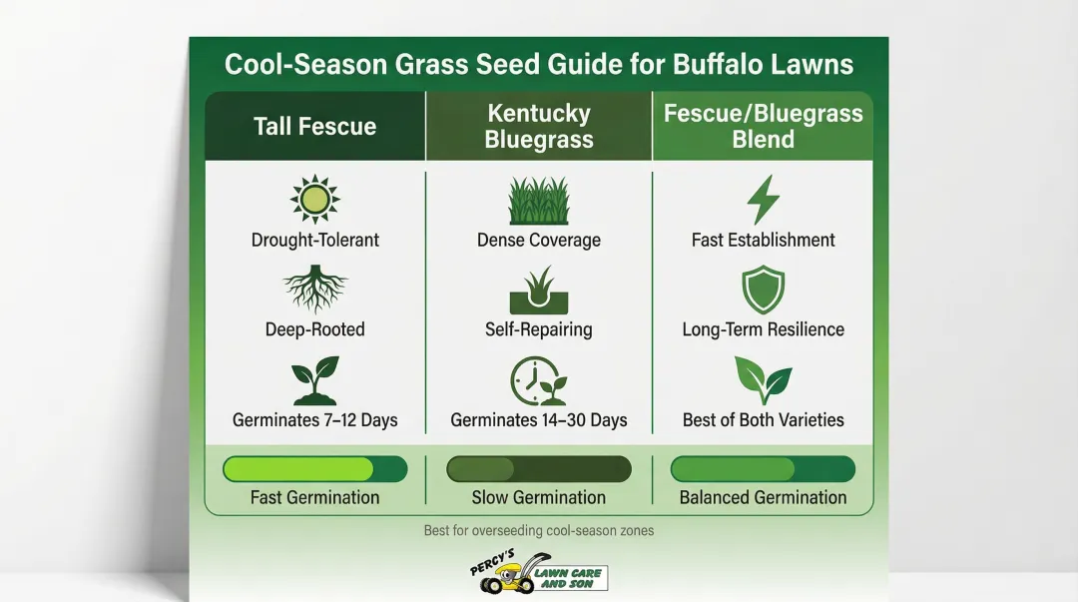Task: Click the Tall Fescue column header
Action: (x=314, y=127)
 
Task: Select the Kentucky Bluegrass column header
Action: (x=539, y=127)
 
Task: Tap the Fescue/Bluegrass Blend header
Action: (x=764, y=127)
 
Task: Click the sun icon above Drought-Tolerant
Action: (x=314, y=199)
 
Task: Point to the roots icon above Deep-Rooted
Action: (x=314, y=290)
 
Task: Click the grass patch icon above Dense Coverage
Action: (x=539, y=201)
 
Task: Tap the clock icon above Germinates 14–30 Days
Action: (x=537, y=381)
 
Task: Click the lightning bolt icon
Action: (x=764, y=200)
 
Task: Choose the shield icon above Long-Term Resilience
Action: (x=764, y=291)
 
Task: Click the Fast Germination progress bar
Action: (x=314, y=469)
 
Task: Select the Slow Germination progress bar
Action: (x=539, y=469)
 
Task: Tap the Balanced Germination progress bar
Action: (x=764, y=469)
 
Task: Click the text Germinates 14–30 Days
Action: (x=539, y=420)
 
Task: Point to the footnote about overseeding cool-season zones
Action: (x=539, y=530)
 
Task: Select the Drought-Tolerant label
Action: (x=314, y=241)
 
